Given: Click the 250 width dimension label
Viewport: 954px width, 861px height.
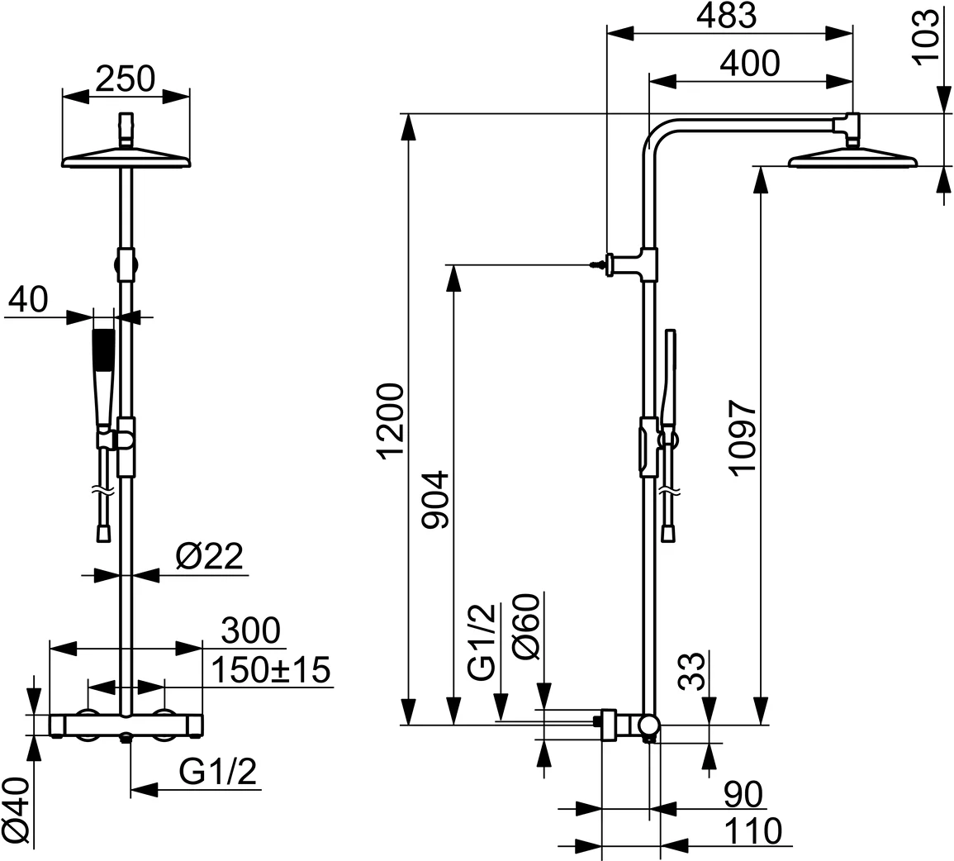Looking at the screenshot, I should pos(125,78).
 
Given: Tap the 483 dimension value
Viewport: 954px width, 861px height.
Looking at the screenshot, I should pos(727,16).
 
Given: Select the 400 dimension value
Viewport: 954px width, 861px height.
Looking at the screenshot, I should pos(748,64).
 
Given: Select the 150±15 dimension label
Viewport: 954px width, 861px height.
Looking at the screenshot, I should pos(271,669).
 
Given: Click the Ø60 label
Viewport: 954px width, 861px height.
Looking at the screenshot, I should pos(526,626).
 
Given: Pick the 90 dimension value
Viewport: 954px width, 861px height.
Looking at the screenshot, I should pos(743,795).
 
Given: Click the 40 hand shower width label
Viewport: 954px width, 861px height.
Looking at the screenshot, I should pos(28,299).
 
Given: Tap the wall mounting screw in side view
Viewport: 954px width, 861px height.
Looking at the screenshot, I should pos(596,264).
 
